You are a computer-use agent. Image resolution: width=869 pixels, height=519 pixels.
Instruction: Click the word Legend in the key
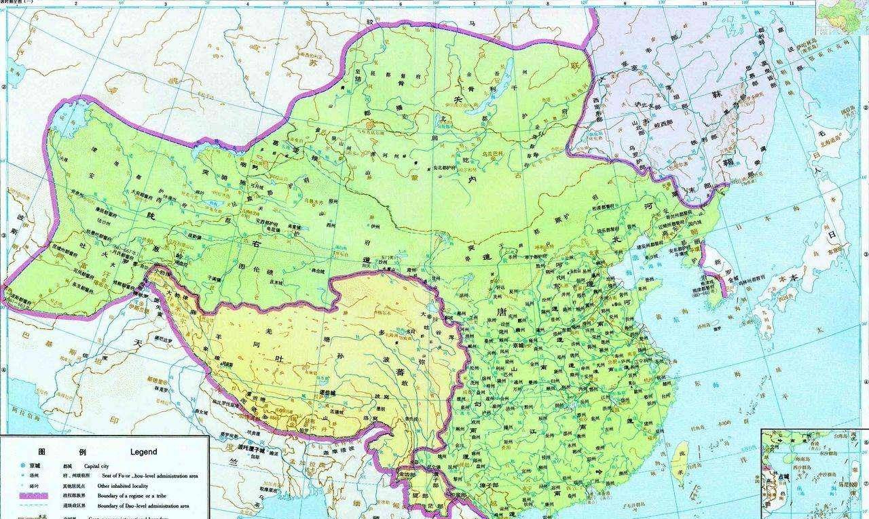143,452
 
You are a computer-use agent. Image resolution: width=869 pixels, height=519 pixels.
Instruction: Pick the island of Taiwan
681,457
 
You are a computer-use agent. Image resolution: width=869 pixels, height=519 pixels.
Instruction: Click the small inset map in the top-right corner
841,15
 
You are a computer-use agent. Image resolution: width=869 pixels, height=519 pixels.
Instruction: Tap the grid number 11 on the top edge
791,4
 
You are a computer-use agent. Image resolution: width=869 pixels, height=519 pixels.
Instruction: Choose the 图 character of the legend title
42,452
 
